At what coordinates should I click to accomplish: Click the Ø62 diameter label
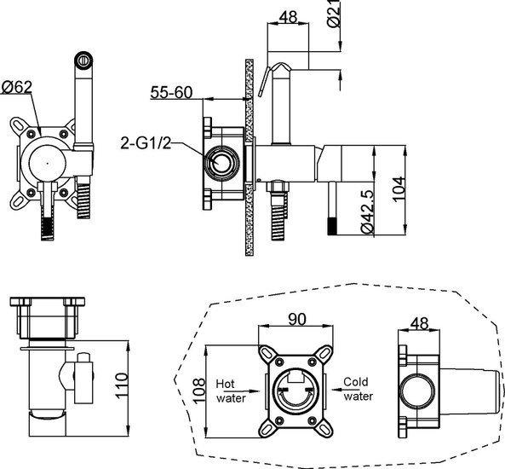click(17, 87)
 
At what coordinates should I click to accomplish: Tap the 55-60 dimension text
click(171, 93)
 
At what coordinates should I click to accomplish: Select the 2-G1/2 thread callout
click(146, 143)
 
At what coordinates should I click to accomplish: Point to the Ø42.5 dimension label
click(367, 211)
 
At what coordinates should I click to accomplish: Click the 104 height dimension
click(399, 189)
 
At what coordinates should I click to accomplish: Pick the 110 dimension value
click(122, 385)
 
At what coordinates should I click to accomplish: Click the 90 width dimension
click(297, 319)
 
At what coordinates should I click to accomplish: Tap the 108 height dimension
click(198, 391)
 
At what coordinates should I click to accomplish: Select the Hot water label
click(231, 391)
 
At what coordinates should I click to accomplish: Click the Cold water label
click(358, 389)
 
